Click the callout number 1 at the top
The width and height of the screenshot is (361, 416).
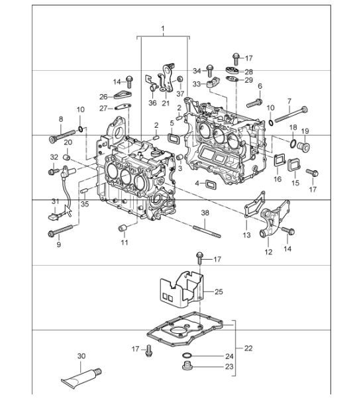pyautogui.click(x=162, y=28)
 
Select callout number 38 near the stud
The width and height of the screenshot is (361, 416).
pyautogui.click(x=205, y=213)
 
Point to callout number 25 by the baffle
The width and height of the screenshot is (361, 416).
pyautogui.click(x=219, y=291)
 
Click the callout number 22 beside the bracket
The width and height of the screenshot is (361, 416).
pyautogui.click(x=248, y=348)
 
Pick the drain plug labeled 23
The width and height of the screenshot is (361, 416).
pyautogui.click(x=186, y=366)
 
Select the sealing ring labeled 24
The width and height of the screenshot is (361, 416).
pyautogui.click(x=187, y=356)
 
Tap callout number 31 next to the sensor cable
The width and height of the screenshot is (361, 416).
pyautogui.click(x=55, y=201)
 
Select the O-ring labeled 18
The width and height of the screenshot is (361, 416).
pyautogui.click(x=291, y=142)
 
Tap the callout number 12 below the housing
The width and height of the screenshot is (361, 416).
pyautogui.click(x=268, y=252)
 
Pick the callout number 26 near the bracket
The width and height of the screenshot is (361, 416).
pyautogui.click(x=103, y=96)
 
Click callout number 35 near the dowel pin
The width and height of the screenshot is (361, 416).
pyautogui.click(x=84, y=204)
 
